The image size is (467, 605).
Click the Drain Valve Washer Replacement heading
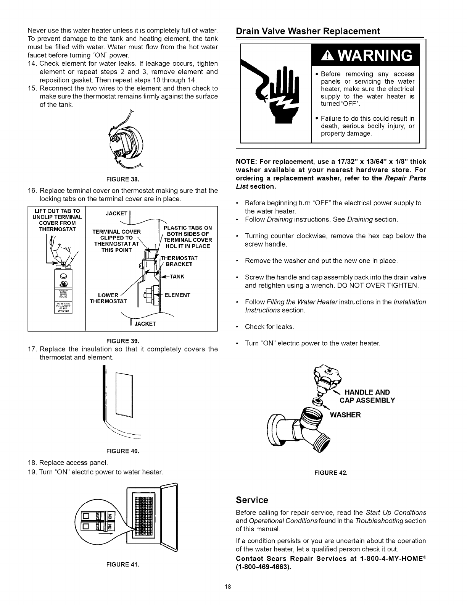(x=308, y=31)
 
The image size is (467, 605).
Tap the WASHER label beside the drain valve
(x=345, y=415)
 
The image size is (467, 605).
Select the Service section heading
(x=252, y=500)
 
